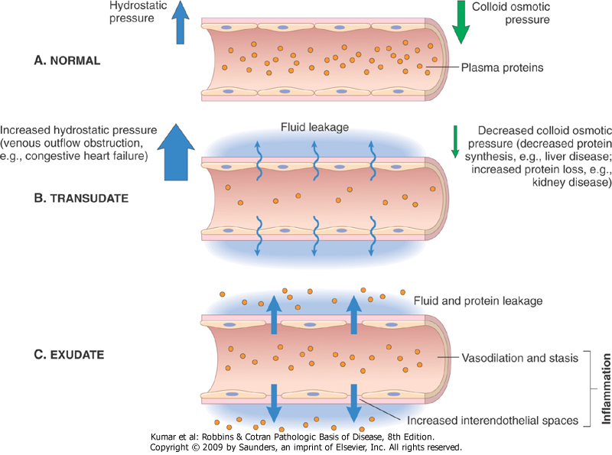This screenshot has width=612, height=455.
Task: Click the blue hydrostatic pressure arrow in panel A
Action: pos(180,24)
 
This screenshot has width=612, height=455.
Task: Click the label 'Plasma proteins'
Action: pos(502,67)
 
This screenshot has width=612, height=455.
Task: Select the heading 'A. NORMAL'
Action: pos(67,60)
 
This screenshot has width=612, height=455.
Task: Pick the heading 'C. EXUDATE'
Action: pos(71,355)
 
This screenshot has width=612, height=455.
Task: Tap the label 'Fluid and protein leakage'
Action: pos(477,301)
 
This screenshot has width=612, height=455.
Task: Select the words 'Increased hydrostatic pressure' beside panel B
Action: pos(80,129)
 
